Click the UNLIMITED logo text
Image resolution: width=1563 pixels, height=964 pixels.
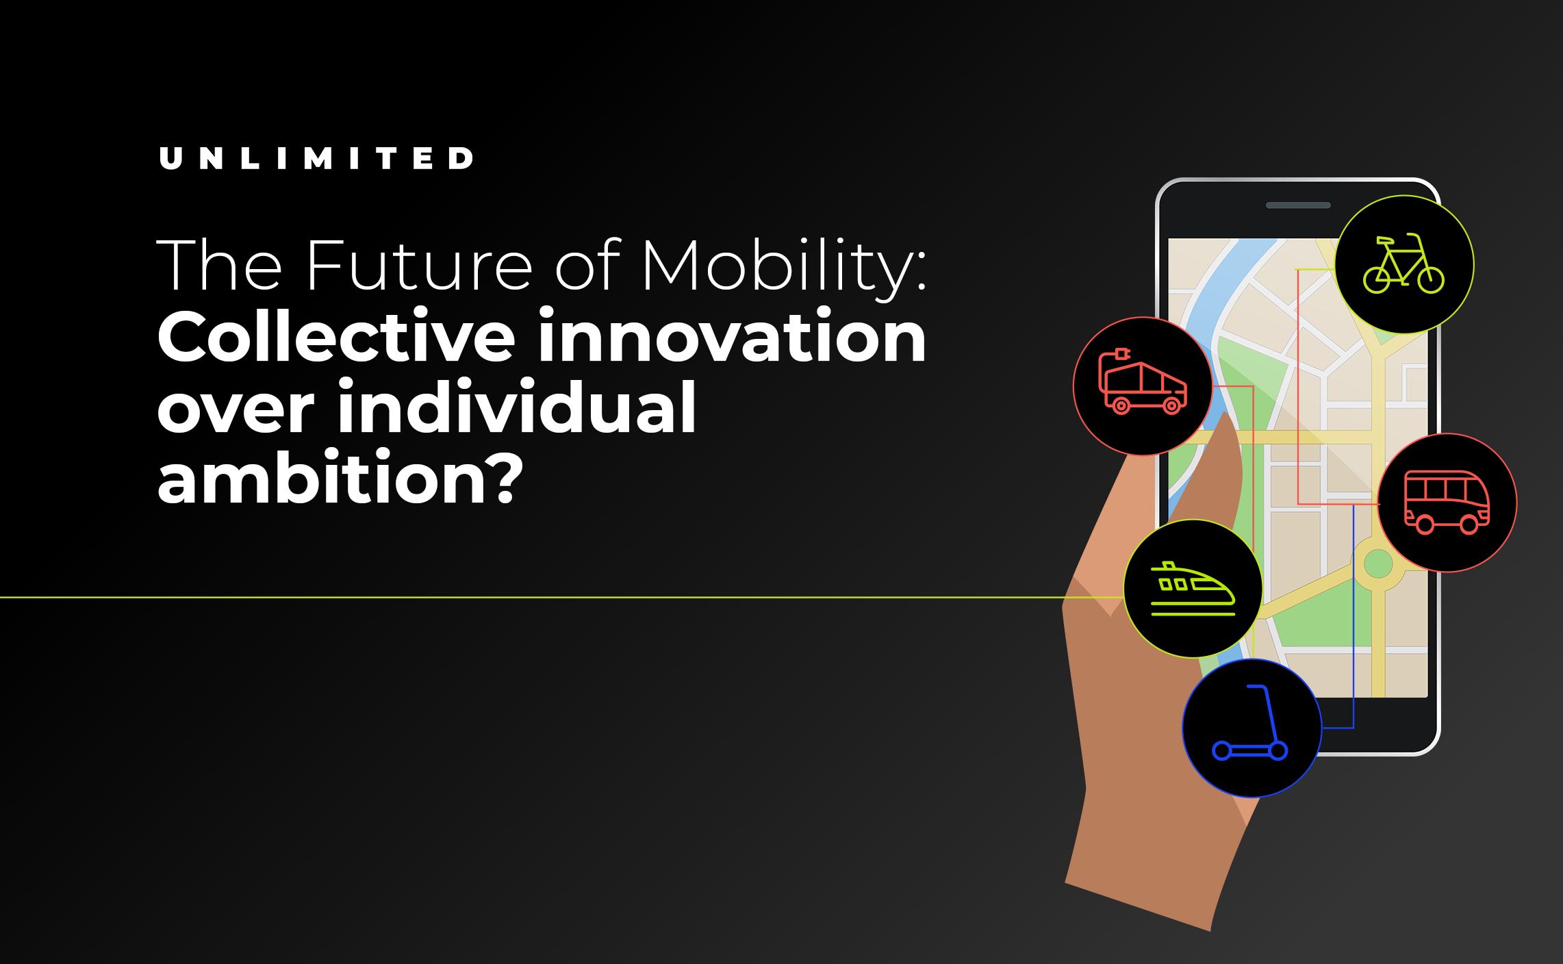click(x=316, y=158)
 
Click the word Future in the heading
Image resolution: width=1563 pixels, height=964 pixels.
click(x=419, y=265)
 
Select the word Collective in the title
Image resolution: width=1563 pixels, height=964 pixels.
click(x=336, y=336)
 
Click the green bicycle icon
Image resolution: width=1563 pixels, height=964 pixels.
click(x=1403, y=264)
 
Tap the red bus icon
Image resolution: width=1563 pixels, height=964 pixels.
click(x=1447, y=502)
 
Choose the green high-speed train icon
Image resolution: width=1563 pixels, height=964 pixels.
click(x=1193, y=589)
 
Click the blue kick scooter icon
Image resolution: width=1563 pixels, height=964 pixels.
click(x=1250, y=723)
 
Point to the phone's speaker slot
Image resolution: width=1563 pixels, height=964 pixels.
click(x=1298, y=205)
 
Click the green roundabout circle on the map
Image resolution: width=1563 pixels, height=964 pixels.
click(x=1378, y=563)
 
